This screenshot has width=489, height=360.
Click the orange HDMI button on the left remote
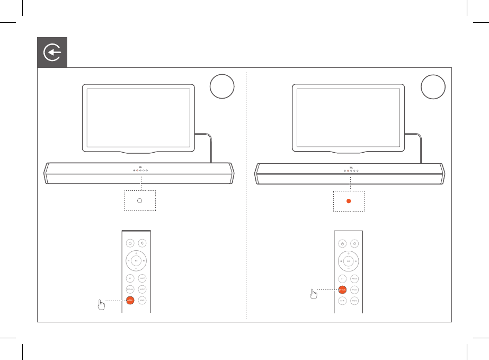(x=130, y=301)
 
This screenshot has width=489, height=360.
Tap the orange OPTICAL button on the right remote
(x=342, y=289)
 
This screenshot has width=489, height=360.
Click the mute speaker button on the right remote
(x=355, y=243)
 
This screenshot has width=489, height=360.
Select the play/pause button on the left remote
(x=136, y=261)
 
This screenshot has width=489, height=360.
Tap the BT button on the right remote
(x=342, y=278)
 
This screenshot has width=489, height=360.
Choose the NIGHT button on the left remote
(x=143, y=301)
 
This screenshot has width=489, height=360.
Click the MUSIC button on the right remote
(x=355, y=289)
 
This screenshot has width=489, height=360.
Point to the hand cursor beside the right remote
(x=314, y=293)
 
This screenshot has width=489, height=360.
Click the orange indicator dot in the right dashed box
(x=349, y=201)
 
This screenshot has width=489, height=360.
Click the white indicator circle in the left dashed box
(x=139, y=201)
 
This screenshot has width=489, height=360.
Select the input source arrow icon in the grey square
(x=52, y=52)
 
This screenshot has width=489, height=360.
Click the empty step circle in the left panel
(x=221, y=86)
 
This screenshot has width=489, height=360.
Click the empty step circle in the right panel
(x=433, y=86)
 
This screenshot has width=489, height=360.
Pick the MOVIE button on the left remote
(x=143, y=278)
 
